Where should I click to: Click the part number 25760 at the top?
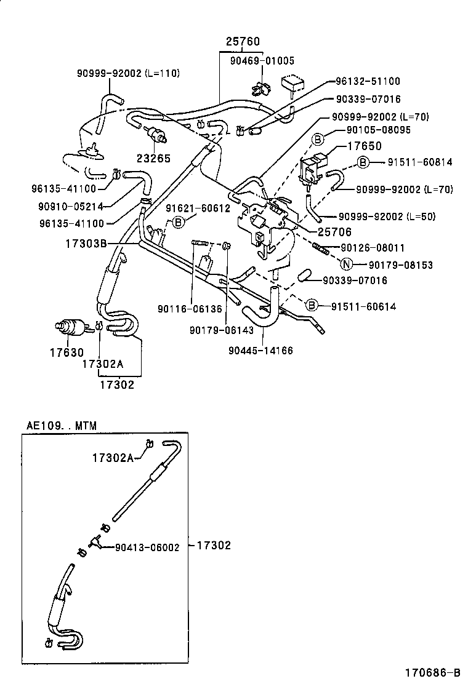[242, 42]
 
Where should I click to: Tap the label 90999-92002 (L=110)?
[128, 73]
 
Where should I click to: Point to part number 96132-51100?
[368, 81]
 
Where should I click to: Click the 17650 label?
[365, 146]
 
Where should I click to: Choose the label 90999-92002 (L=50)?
[395, 217]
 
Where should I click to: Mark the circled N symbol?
[347, 265]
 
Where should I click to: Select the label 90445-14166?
[260, 351]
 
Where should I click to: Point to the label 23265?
[153, 158]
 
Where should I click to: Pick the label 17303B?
[87, 244]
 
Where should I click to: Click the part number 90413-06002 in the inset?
[147, 547]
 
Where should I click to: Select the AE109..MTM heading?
[62, 425]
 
